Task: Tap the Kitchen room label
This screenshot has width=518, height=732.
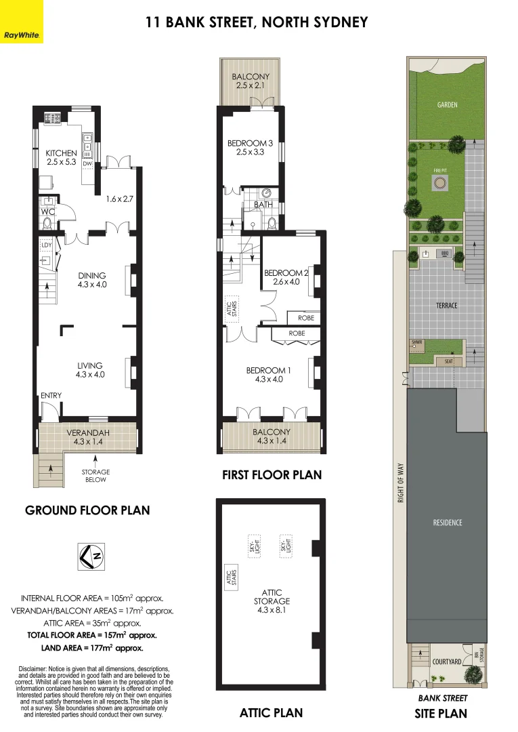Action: point(61,157)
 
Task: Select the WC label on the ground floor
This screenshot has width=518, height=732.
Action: point(47,211)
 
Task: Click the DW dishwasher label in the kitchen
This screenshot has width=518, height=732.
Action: point(87,164)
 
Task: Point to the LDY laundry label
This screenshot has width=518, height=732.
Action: point(47,245)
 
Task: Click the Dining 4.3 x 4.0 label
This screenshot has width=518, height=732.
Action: point(91,280)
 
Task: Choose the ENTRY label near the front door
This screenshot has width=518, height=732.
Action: point(51,396)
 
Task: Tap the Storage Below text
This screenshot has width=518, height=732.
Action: point(95,476)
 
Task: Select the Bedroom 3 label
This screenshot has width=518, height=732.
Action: point(250,148)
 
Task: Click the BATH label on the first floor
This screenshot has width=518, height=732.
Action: point(263,204)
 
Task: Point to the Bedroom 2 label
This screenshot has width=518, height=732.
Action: point(286,277)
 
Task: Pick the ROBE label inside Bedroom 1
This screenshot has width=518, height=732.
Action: point(297,333)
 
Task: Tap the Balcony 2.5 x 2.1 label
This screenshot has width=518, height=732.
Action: point(251,81)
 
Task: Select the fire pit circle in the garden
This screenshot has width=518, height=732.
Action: point(440,182)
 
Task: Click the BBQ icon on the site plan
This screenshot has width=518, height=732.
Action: point(445,253)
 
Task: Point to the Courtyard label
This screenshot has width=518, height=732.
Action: point(446,662)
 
